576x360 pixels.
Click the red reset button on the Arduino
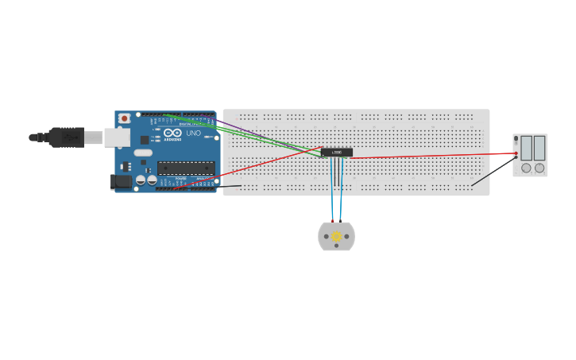124,118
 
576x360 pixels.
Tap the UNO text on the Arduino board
193,133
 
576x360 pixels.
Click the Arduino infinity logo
172,133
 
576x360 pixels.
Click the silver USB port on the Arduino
117,137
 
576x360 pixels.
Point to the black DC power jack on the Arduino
120,182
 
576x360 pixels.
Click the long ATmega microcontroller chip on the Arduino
186,168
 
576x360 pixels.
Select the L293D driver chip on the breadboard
337,152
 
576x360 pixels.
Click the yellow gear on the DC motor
336,236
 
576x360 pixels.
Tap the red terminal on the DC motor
333,220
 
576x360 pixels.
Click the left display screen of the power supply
526,148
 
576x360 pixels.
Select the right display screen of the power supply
539,148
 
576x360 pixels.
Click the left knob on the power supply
526,168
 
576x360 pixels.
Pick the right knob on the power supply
539,168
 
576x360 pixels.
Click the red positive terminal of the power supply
516,153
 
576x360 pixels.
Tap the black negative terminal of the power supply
516,157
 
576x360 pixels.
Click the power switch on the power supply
516,139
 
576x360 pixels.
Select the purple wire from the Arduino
230,126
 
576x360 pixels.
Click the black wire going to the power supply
493,171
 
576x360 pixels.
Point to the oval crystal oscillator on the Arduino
143,152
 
